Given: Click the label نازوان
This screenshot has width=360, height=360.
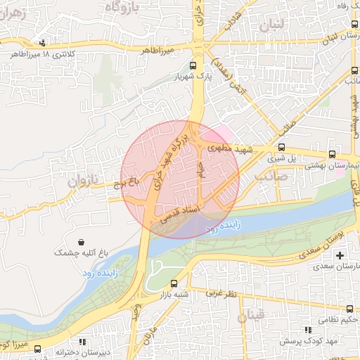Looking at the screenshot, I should coord(80,181).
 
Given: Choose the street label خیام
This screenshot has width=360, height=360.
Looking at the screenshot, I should coord(202,169).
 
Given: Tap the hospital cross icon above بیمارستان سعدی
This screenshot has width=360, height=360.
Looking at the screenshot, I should coord(341,255).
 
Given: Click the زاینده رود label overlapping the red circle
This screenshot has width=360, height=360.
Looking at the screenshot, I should coord(220,227).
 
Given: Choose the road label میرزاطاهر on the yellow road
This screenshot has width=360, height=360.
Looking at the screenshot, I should coord(155,51).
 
